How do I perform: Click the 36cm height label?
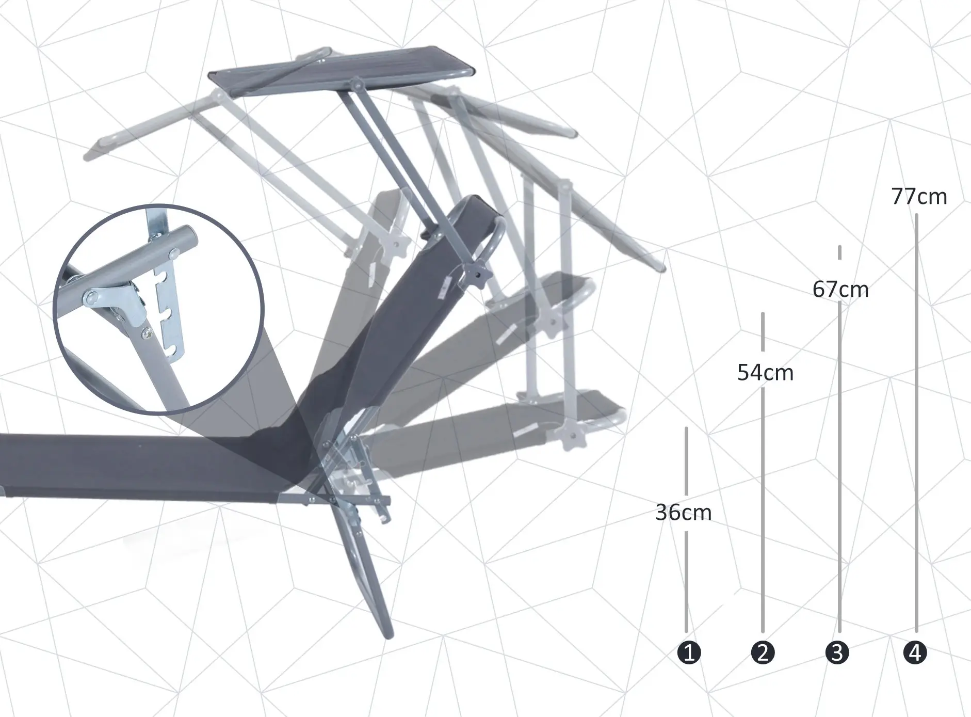(x=684, y=513)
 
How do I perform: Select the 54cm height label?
(x=765, y=372)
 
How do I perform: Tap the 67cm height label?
(x=840, y=290)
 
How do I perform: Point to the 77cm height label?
(x=919, y=197)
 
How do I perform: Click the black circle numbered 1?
(x=689, y=652)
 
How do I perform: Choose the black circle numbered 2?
(x=763, y=652)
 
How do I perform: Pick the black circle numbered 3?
(x=837, y=652)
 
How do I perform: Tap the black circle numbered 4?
(x=915, y=652)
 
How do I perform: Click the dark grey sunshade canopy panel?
(x=341, y=70)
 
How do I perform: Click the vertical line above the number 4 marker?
(x=916, y=413)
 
